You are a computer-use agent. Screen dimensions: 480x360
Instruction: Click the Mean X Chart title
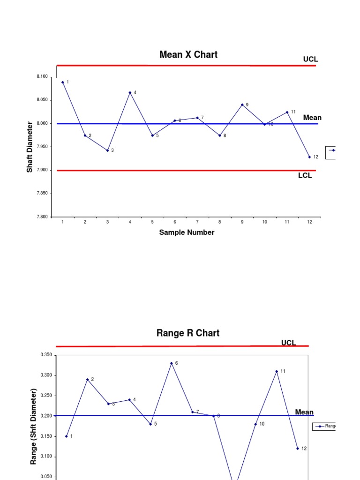click(188, 55)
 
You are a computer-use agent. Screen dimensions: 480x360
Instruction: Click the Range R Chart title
click(187, 333)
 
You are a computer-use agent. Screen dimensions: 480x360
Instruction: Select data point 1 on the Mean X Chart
click(62, 82)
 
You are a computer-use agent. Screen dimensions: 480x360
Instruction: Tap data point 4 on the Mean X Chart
click(130, 93)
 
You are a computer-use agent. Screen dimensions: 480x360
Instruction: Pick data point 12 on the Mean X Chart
click(309, 157)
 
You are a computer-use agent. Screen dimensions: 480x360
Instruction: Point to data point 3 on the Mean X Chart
click(107, 150)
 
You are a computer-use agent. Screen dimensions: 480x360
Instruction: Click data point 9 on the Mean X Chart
click(242, 105)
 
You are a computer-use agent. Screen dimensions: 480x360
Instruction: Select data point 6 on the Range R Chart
click(172, 363)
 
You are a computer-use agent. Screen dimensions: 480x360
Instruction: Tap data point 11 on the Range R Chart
click(277, 371)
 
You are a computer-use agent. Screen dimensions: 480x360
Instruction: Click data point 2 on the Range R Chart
click(87, 380)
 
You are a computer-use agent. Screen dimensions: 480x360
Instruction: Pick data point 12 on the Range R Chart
click(297, 449)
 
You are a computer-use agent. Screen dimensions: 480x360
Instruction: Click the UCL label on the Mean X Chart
click(310, 60)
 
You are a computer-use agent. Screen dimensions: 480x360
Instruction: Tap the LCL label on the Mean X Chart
click(305, 176)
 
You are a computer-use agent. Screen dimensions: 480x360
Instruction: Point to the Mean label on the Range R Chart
click(304, 412)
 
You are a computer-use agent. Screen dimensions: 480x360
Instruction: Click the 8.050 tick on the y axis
click(41, 100)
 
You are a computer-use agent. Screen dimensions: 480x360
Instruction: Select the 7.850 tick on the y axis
click(41, 194)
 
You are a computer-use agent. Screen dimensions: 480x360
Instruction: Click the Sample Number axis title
click(187, 232)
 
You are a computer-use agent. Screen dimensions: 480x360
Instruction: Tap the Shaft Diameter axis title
click(30, 147)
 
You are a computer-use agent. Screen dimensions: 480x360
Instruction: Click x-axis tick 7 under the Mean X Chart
click(197, 222)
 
